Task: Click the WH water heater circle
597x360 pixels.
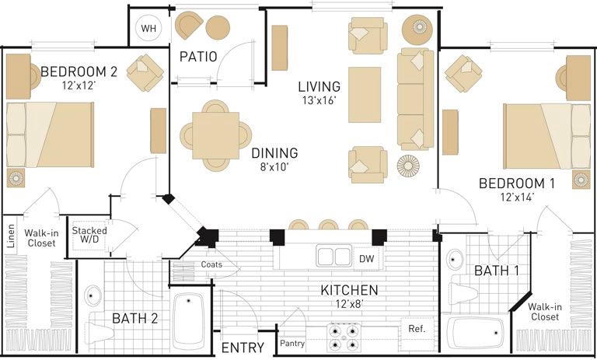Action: point(148,28)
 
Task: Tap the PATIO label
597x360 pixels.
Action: point(198,57)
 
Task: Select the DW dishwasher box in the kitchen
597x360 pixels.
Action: point(366,259)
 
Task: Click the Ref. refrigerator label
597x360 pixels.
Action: point(417,328)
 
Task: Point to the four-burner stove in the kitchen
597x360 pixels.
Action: point(344,337)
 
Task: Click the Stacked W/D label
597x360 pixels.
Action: point(89,235)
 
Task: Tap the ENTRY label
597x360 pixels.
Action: point(243,348)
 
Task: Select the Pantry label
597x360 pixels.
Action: point(292,343)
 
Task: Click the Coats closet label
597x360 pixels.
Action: point(211,264)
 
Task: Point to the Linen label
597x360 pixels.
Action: point(11,236)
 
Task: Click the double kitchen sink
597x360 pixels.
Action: point(334,257)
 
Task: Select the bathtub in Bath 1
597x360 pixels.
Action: point(475,333)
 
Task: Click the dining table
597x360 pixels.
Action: point(215,135)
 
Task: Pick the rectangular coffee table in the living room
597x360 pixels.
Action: point(365,95)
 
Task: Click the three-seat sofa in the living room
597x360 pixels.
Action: point(415,99)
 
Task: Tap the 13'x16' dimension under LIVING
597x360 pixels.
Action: point(319,101)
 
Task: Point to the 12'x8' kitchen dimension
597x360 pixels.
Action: point(349,304)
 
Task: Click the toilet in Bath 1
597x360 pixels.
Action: point(463,293)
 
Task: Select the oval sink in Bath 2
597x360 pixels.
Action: point(93,295)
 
